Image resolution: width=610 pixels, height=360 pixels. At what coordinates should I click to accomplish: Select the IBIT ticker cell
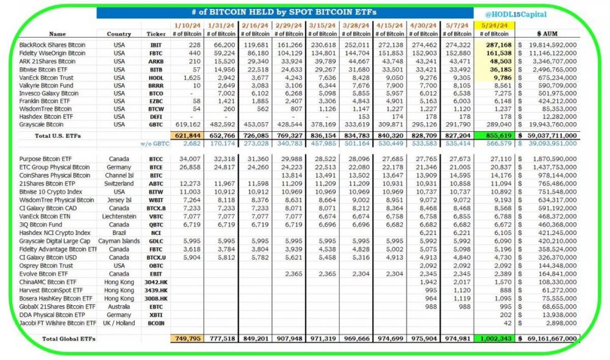pos(156,45)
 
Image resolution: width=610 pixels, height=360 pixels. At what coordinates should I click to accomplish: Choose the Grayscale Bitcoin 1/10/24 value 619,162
pos(187,124)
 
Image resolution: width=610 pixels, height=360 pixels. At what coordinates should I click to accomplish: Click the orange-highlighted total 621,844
pos(187,134)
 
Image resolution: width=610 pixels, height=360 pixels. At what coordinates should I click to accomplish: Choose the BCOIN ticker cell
pos(156,322)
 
